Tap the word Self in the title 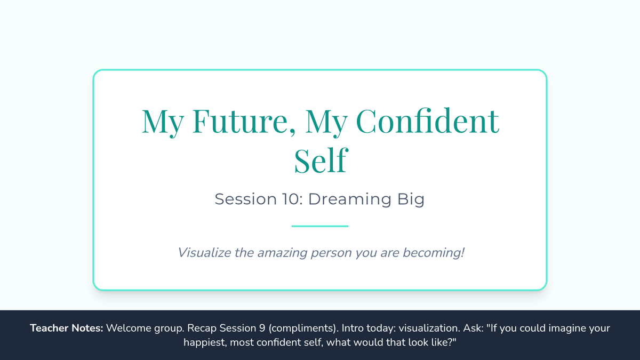pyautogui.click(x=321, y=160)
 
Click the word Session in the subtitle pyautogui.click(x=246, y=199)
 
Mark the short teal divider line pyautogui.click(x=320, y=226)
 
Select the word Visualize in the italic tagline pyautogui.click(x=205, y=253)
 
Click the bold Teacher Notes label pyautogui.click(x=67, y=328)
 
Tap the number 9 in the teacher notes pyautogui.click(x=262, y=328)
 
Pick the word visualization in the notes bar pyautogui.click(x=429, y=328)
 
